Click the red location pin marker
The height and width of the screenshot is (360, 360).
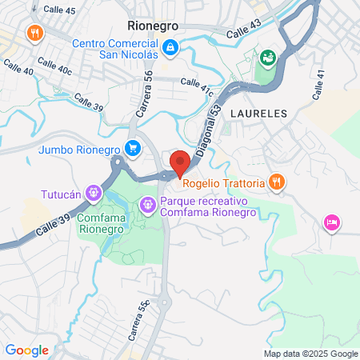pyautogui.click(x=180, y=162)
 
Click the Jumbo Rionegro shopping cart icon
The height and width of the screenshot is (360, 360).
pyautogui.click(x=133, y=147)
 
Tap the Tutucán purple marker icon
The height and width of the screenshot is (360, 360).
pyautogui.click(x=94, y=193)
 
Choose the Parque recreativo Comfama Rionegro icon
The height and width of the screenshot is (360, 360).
pyautogui.click(x=147, y=206)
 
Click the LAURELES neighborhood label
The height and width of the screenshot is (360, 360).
pyautogui.click(x=258, y=114)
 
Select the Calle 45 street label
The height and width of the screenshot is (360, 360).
pyautogui.click(x=59, y=10)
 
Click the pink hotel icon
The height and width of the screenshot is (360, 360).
pyautogui.click(x=330, y=222)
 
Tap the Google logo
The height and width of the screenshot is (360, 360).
pyautogui.click(x=27, y=350)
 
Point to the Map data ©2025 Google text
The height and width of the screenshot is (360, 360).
pyautogui.click(x=311, y=354)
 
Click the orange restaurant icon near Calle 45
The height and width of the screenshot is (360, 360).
pyautogui.click(x=34, y=33)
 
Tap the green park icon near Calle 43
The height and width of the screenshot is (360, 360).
pyautogui.click(x=268, y=57)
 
